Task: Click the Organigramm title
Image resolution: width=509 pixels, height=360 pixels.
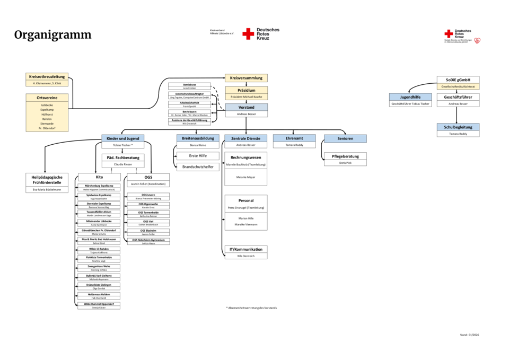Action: (x=52, y=36)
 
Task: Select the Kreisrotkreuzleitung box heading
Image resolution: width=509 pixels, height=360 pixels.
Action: (x=47, y=76)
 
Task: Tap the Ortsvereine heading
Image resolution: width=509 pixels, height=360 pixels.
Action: (x=47, y=98)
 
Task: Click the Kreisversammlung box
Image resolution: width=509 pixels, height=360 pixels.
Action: (x=246, y=78)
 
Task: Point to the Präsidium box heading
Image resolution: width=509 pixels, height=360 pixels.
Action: (x=246, y=90)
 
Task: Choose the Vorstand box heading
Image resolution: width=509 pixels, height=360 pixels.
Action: (x=246, y=107)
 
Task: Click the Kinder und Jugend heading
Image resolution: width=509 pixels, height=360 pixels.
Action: (x=123, y=138)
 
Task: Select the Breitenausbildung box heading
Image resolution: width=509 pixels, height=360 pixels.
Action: (x=197, y=138)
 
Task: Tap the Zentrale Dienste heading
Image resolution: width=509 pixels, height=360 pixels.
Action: (x=245, y=138)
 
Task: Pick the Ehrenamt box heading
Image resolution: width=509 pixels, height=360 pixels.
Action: (x=294, y=138)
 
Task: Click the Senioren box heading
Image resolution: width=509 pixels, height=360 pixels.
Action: (x=345, y=138)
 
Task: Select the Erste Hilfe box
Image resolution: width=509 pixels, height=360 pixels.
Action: (x=197, y=156)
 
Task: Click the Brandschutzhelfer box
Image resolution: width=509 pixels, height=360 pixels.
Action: (x=197, y=166)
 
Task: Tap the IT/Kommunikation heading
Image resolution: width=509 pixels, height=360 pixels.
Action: (x=246, y=249)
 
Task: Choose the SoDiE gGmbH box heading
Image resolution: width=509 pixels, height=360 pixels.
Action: (x=458, y=80)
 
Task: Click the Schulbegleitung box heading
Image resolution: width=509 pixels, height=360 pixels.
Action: (x=458, y=127)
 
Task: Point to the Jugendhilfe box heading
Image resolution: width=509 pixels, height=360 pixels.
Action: (x=410, y=97)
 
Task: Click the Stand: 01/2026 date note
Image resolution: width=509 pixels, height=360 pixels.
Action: (x=469, y=335)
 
